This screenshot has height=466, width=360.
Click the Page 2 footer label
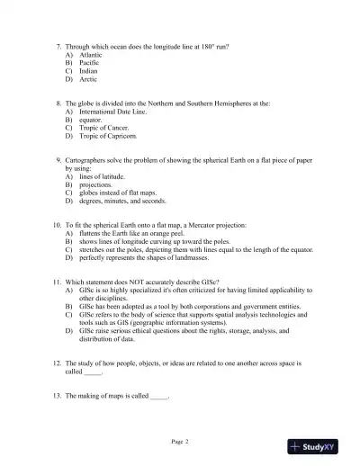(x=180, y=441)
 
